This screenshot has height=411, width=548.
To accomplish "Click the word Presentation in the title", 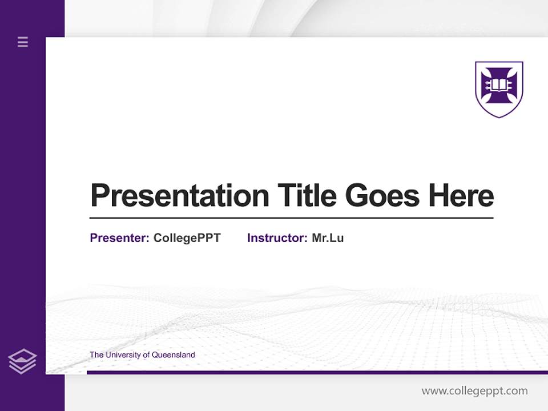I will tap(180, 196).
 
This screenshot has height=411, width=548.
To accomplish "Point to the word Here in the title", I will tap(461, 196).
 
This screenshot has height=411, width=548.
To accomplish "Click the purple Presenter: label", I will tap(119, 238).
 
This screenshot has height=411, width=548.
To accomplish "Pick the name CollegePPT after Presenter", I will tap(187, 238).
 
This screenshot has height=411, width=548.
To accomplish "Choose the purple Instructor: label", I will tap(277, 238).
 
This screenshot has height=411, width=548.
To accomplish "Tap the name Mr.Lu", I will tap(328, 238).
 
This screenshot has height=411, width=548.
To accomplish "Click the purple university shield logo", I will tap(499, 89).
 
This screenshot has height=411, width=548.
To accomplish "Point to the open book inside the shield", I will tap(499, 86).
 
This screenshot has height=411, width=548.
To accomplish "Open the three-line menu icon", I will tap(23, 42).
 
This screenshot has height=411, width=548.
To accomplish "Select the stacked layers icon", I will tap(22, 361).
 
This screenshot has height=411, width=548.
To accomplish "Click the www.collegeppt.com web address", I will tap(474, 391).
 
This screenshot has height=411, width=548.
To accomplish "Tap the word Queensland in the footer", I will tap(175, 355).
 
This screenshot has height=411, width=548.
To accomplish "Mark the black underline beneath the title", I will tap(291, 218).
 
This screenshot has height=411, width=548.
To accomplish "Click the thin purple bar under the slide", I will tap(317, 372).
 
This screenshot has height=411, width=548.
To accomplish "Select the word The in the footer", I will tap(96, 355).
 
